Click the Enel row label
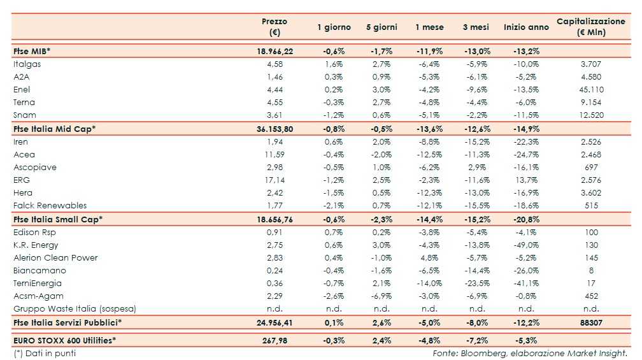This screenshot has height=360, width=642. [22, 89]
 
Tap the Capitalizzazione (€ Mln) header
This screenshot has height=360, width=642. [590, 27]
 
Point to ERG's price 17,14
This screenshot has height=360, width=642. [275, 180]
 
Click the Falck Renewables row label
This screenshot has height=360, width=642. [50, 206]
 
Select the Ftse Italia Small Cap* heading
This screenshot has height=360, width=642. [58, 219]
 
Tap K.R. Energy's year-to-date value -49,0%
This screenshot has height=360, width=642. [525, 245]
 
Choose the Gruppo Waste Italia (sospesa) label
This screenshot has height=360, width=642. [75, 309]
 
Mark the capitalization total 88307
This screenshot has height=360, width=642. [590, 322]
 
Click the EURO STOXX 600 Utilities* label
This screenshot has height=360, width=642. [65, 340]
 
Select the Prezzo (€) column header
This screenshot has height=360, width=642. [275, 27]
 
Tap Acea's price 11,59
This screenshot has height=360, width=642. [275, 154]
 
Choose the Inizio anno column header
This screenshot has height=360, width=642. [526, 27]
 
